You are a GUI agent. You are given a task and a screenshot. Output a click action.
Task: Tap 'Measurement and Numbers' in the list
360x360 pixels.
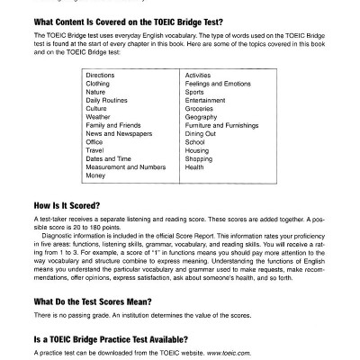pyautogui.click(x=124, y=167)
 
